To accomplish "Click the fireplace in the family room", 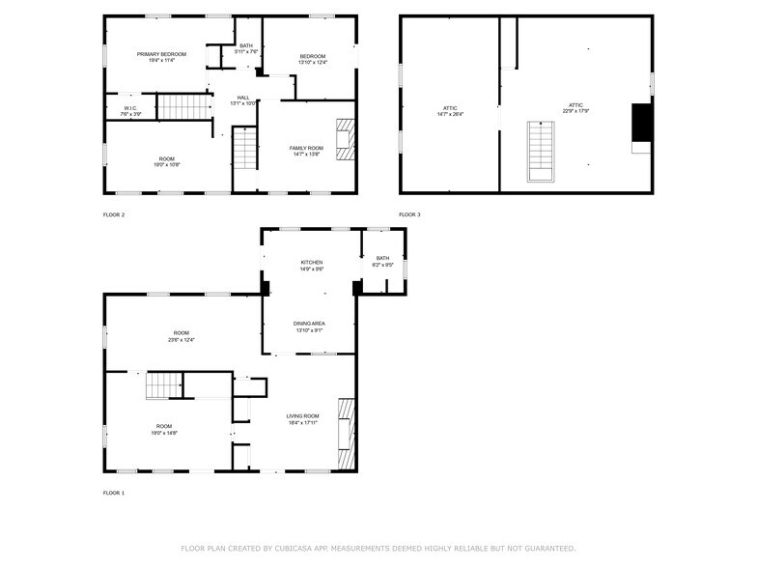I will coord(344,139).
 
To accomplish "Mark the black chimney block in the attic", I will coord(641,122).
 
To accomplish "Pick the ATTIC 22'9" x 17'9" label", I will coord(575,107).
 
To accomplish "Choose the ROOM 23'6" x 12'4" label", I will coord(182,335).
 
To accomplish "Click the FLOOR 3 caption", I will coord(409,215).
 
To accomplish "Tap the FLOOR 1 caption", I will coord(114,494).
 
